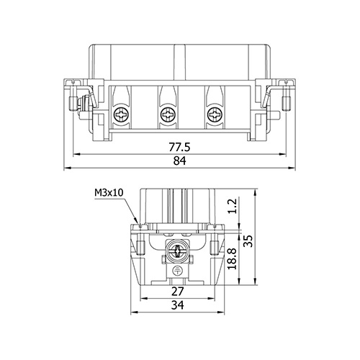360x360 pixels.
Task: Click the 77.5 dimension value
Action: tap(179, 147)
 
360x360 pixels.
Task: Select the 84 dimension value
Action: tap(180, 161)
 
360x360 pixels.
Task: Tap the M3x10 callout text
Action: tap(109, 192)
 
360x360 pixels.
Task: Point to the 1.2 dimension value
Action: tap(233, 206)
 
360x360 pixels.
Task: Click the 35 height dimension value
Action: tap(248, 241)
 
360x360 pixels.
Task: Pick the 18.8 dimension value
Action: tap(233, 259)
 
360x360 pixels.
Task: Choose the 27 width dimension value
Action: tap(178, 292)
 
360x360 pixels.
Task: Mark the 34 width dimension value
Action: tap(178, 305)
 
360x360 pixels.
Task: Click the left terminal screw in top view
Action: tap(120, 114)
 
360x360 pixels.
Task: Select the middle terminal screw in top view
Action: tap(167, 114)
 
